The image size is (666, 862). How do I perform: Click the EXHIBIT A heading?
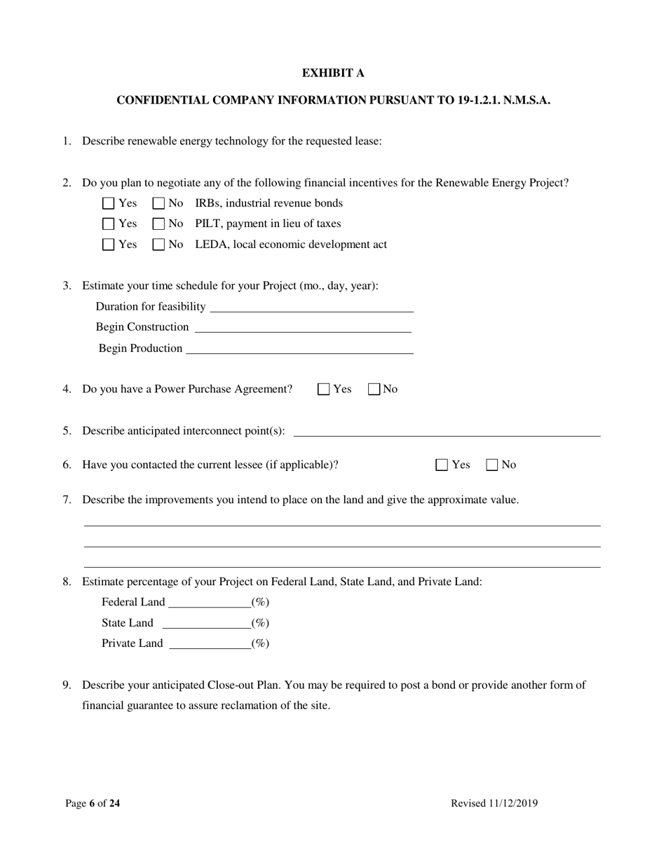point(333,73)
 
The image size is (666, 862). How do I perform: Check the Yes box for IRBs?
point(108,204)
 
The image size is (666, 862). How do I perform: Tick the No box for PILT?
point(158,224)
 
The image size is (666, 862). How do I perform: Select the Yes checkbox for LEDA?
point(108,245)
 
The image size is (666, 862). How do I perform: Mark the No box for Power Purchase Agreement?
point(374,390)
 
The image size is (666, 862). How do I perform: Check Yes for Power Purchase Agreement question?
point(324,390)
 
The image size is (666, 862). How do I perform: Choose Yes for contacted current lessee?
point(442,465)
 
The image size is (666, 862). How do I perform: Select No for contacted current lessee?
point(492,465)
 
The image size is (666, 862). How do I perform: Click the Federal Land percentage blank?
point(209,603)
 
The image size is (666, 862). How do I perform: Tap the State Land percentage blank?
point(206,624)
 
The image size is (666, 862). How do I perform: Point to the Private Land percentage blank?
point(210,644)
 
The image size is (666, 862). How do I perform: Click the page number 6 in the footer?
point(92,804)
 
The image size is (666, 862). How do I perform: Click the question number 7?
point(67,500)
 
